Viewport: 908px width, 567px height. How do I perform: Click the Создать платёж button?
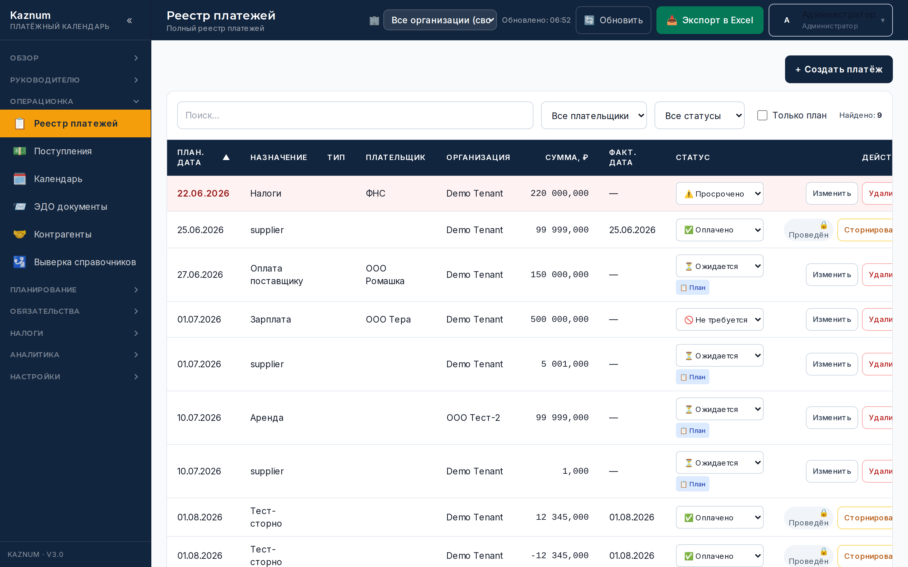(x=838, y=69)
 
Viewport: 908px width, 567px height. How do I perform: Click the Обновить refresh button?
(x=613, y=20)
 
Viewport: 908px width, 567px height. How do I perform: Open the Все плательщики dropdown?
(x=594, y=116)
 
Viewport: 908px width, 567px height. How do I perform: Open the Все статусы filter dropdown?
(x=699, y=116)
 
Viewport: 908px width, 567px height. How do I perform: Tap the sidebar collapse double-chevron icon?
(x=130, y=20)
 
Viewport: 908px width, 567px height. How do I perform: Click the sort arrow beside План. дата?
(x=226, y=157)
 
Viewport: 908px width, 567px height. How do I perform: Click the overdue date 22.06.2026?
(x=203, y=193)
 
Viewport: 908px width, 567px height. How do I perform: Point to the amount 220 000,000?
(x=559, y=193)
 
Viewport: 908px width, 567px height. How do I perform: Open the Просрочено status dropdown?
(x=719, y=193)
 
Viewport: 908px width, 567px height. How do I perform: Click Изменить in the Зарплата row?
(x=831, y=319)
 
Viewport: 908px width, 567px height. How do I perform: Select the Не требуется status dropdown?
(x=719, y=319)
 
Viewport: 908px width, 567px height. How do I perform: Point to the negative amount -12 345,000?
(x=559, y=556)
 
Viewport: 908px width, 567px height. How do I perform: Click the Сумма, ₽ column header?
(x=567, y=157)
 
